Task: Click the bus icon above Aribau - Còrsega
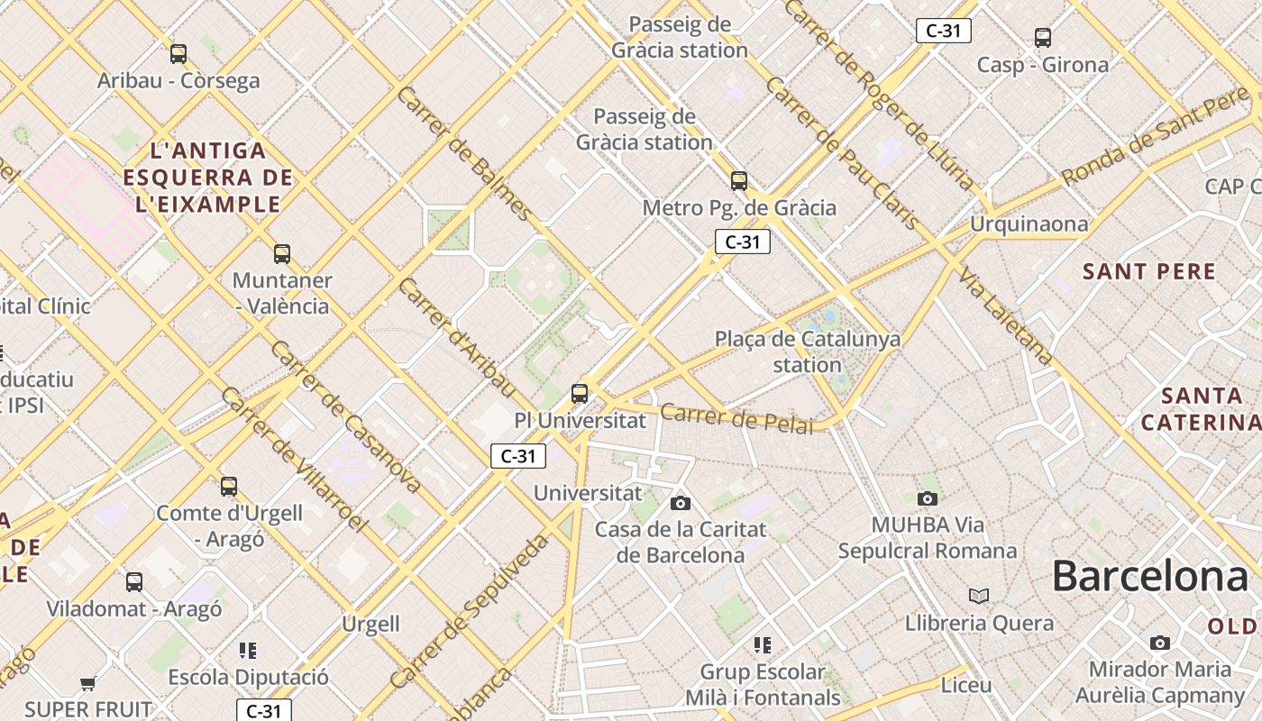coord(178,54)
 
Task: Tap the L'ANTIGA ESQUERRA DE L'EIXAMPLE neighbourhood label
coord(208,178)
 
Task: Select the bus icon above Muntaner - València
coord(282,254)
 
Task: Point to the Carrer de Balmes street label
coord(463,154)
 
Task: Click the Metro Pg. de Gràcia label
coord(739,208)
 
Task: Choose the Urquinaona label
coord(1029,224)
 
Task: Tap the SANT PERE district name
coord(1148,271)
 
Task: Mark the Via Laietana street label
coord(1006,315)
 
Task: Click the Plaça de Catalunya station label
coord(807,351)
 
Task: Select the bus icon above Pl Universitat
coord(580,394)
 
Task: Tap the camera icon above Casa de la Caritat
coord(681,503)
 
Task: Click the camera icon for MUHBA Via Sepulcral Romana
coord(927,498)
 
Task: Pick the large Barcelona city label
coord(1149,577)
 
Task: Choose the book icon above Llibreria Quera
coord(979,596)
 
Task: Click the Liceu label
coord(965,685)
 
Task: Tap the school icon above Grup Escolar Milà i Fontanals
coord(763,645)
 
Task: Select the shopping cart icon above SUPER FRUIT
coord(87,684)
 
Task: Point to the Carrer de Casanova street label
coord(345,417)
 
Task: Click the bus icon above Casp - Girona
coord(1043,38)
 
